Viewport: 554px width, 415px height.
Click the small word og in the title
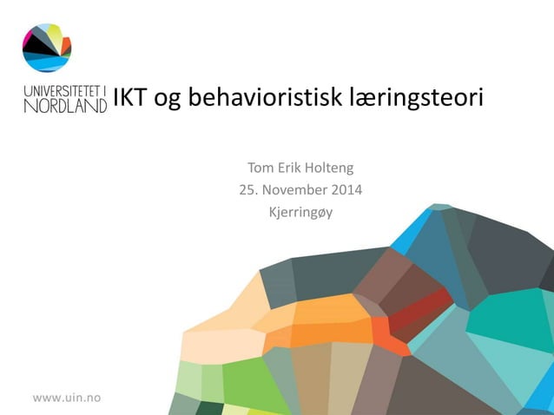(169, 102)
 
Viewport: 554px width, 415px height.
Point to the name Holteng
(328, 168)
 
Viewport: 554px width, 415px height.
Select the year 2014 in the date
(345, 188)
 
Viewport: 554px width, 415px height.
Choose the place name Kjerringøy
(300, 210)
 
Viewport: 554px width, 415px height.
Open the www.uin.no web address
(67, 398)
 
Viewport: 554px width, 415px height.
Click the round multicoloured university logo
(47, 48)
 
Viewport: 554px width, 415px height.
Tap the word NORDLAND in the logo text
(65, 105)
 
